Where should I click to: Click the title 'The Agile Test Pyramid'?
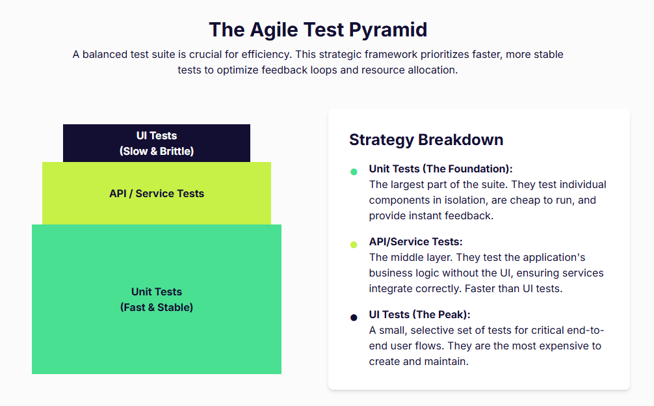[318, 30]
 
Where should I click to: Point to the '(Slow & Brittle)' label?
[157, 151]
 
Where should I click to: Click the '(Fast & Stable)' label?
[157, 307]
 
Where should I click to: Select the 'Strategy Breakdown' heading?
[426, 139]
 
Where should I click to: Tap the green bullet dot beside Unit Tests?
[354, 172]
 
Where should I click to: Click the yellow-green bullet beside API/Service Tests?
[354, 245]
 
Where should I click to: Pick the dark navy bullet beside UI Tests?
[354, 318]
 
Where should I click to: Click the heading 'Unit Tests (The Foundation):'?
[441, 169]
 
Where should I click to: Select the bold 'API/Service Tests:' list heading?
[415, 241]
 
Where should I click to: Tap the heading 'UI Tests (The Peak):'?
[419, 314]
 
